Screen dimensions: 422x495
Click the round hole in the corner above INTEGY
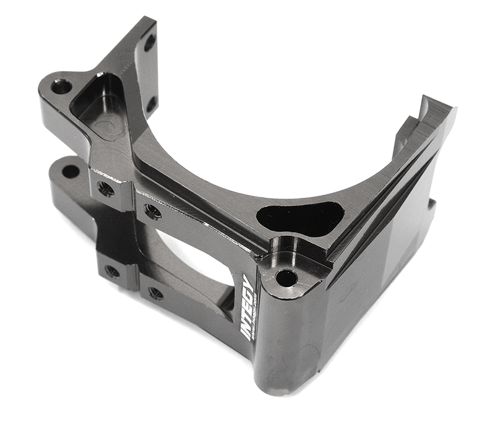(x=285, y=278)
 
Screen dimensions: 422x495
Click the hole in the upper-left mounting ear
(x=61, y=86)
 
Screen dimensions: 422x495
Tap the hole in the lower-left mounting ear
(x=71, y=171)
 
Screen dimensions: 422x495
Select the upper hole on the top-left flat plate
(x=150, y=43)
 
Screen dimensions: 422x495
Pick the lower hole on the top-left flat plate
(x=151, y=103)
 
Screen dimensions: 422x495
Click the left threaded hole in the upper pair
(x=106, y=188)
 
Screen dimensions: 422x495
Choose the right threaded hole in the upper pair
(x=152, y=212)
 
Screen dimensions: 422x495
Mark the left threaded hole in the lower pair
(x=112, y=270)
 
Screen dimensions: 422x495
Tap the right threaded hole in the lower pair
(x=155, y=292)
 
